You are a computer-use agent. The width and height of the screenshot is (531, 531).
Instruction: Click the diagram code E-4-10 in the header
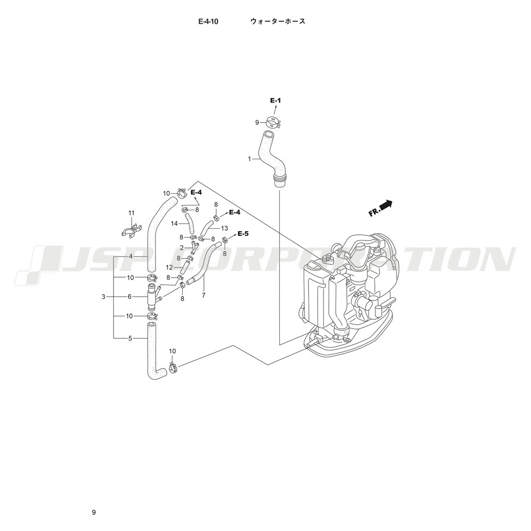208,21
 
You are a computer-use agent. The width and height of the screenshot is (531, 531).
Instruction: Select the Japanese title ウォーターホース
278,21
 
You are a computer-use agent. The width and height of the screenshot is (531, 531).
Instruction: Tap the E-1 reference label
275,100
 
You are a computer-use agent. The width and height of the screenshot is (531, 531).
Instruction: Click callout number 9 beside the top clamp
257,123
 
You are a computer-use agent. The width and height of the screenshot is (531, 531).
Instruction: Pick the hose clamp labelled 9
272,122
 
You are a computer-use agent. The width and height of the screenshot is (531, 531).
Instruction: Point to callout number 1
250,158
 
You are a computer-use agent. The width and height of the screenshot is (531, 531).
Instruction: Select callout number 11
131,213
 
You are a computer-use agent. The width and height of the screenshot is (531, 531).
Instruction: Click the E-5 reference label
243,234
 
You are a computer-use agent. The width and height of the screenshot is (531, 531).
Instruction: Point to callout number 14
174,224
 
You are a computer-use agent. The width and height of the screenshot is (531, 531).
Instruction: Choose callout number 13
224,228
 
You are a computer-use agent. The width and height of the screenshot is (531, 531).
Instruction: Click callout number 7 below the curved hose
203,295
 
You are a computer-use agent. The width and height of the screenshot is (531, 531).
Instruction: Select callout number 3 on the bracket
104,297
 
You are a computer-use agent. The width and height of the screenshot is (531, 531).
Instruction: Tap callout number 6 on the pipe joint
130,297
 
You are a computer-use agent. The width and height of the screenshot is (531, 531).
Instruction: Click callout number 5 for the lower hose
130,338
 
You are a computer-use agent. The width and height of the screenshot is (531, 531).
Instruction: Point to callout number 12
169,268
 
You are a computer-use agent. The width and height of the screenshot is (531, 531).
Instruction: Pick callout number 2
182,248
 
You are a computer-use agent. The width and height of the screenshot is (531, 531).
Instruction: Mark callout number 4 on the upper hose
131,256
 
